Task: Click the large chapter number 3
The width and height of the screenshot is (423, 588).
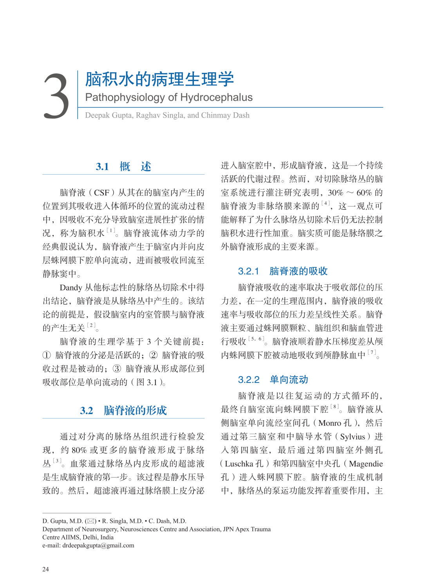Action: click(x=56, y=96)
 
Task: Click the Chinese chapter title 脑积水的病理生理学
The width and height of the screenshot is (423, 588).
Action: click(x=159, y=79)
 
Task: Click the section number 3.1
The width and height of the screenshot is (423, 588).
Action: click(x=102, y=167)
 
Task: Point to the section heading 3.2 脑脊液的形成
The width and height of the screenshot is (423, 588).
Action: click(x=123, y=410)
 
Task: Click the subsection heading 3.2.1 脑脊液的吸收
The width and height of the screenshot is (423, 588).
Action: click(x=283, y=271)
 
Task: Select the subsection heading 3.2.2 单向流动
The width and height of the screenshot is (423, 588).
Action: click(x=273, y=379)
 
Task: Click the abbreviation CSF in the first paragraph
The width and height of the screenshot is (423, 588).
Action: click(x=102, y=193)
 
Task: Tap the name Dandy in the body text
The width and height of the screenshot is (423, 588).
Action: click(x=71, y=288)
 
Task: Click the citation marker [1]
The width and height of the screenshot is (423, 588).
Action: click(x=111, y=231)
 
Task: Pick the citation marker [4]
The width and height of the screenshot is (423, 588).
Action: click(x=326, y=203)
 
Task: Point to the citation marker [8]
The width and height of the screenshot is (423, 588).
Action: click(x=335, y=407)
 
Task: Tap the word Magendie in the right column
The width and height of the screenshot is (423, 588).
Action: click(x=366, y=464)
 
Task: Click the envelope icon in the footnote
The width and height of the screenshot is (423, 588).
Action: click(x=91, y=521)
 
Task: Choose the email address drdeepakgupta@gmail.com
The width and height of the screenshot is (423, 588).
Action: click(x=98, y=545)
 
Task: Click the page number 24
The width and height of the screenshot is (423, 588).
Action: click(x=46, y=569)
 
